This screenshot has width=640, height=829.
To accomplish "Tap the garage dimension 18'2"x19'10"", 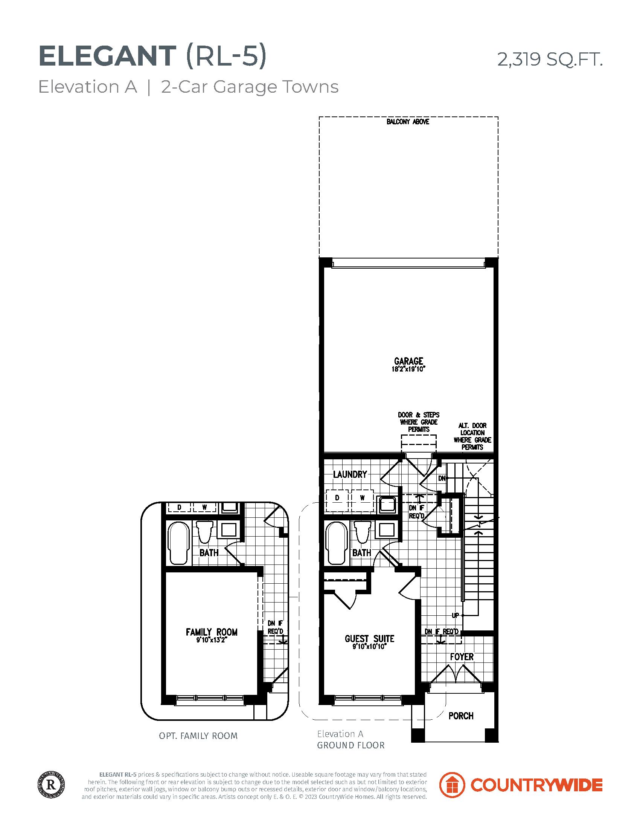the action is point(408,369).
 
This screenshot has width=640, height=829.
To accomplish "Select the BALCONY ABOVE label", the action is point(408,122).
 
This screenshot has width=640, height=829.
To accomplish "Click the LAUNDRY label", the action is point(350,474).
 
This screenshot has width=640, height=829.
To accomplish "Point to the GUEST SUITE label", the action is point(369,638).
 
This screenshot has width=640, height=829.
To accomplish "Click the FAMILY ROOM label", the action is point(212,632).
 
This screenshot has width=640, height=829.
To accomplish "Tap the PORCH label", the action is point(461,716).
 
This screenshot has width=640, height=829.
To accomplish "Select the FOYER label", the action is point(462,657).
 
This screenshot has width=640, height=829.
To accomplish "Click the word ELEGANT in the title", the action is point(107,57).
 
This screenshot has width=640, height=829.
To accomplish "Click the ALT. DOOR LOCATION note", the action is point(472,436).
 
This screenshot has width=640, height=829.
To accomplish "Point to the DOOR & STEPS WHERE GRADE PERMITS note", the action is point(419,422).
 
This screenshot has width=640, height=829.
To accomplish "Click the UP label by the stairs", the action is point(456,615).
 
